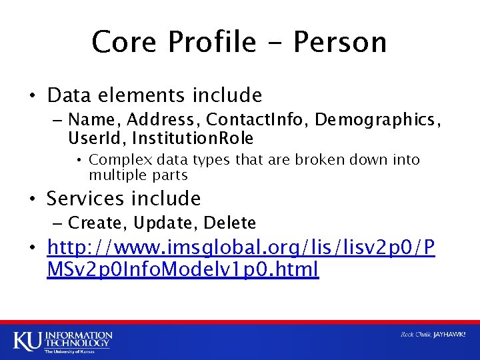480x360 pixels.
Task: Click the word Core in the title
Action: pyautogui.click(x=125, y=42)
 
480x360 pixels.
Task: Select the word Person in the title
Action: pyautogui.click(x=339, y=42)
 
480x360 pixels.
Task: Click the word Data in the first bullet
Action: pyautogui.click(x=69, y=96)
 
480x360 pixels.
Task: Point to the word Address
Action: pyautogui.click(x=163, y=120)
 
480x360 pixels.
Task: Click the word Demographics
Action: pyautogui.click(x=377, y=120)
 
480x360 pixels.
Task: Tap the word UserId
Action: pyautogui.click(x=96, y=139)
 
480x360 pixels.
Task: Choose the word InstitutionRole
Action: pyautogui.click(x=193, y=139)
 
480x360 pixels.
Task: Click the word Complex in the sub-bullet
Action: pyautogui.click(x=117, y=160)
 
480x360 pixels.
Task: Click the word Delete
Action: pyautogui.click(x=230, y=223)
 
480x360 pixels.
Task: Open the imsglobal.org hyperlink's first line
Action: pyautogui.click(x=241, y=248)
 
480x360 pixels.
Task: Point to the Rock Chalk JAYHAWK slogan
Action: pyautogui.click(x=433, y=334)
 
